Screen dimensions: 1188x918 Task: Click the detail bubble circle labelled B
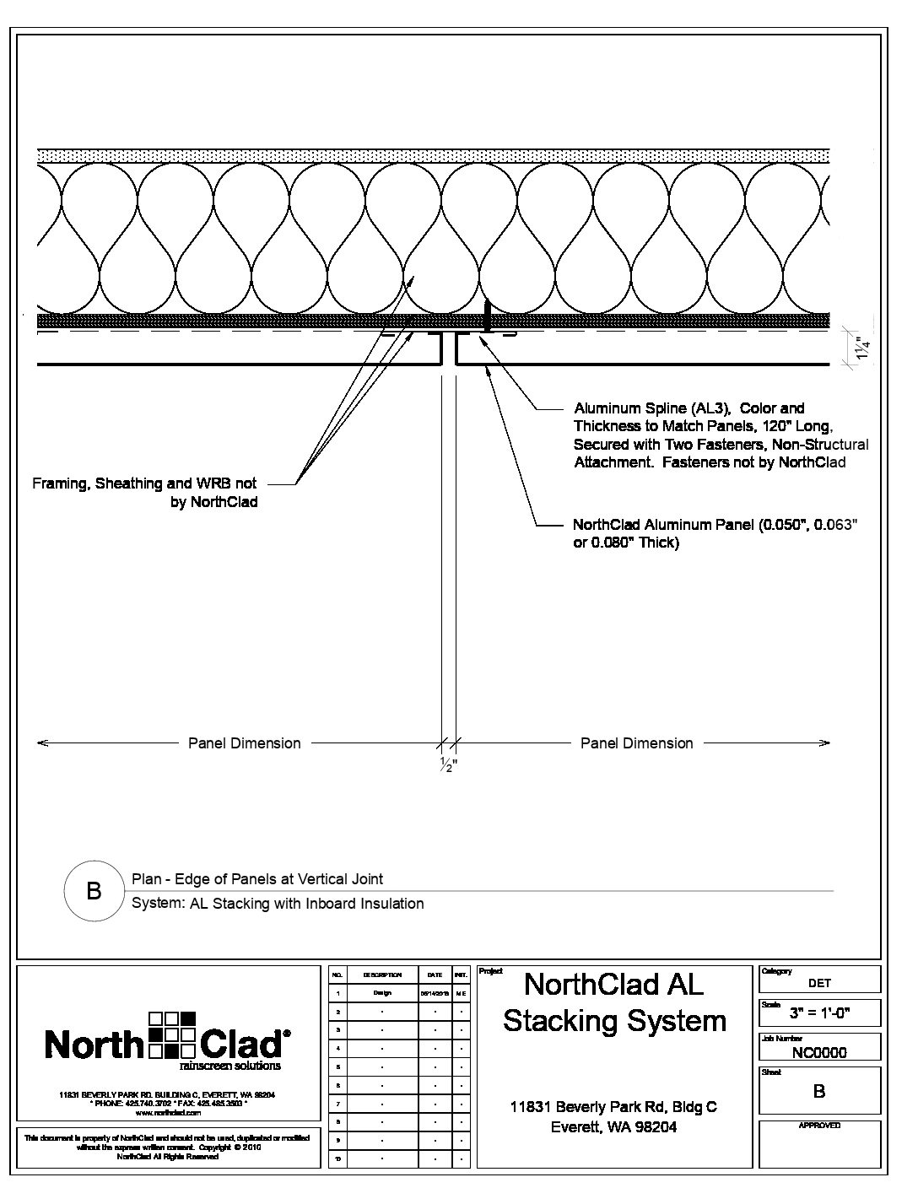pos(94,891)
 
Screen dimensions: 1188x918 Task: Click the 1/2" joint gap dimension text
pos(447,766)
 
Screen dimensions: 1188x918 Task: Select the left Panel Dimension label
pos(244,743)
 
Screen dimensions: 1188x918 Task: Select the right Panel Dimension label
pos(636,743)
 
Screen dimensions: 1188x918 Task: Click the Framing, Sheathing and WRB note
pos(144,493)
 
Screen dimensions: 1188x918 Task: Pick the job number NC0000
pos(819,1052)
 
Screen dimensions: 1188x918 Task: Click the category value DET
pos(819,983)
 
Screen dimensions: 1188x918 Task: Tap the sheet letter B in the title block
pos(818,1092)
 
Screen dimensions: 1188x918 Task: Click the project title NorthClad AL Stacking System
pos(614,1002)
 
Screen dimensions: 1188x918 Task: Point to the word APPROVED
pos(819,1126)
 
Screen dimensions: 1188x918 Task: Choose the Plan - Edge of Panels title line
pos(257,879)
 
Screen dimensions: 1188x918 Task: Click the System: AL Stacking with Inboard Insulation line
pos(278,904)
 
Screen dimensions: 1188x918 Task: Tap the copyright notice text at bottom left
pos(167,1147)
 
